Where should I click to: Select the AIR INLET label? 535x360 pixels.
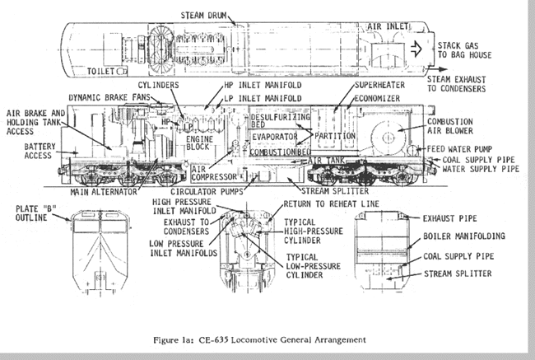coord(374,26)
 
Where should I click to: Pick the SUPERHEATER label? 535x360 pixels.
coord(386,85)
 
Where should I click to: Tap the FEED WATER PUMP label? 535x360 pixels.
coord(461,149)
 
